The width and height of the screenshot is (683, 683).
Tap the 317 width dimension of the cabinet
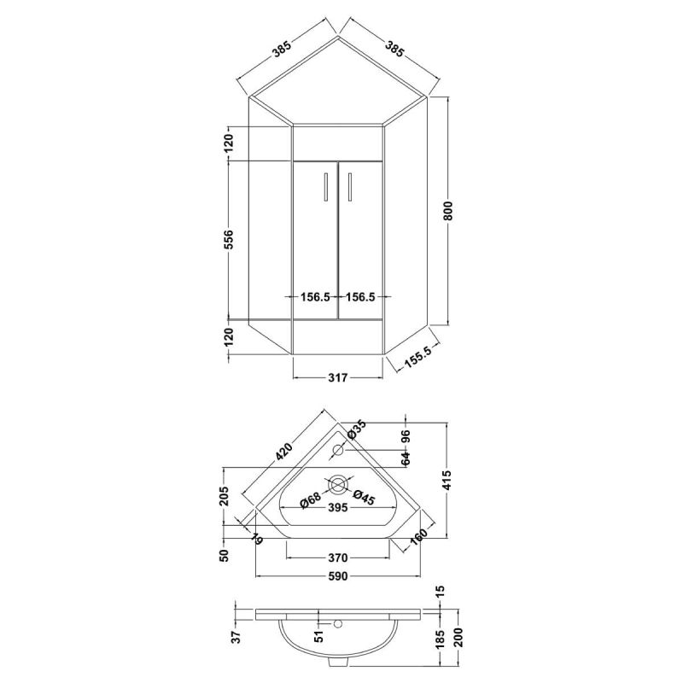point(337,377)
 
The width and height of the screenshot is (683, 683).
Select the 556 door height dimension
point(228,239)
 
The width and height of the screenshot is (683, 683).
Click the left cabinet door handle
point(326,186)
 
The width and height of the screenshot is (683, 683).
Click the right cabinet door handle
point(349,186)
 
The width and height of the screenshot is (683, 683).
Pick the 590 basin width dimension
point(337,576)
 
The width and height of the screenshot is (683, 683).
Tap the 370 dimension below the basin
point(337,557)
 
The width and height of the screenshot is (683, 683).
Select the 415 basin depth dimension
point(447,480)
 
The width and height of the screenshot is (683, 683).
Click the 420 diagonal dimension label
point(283,452)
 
